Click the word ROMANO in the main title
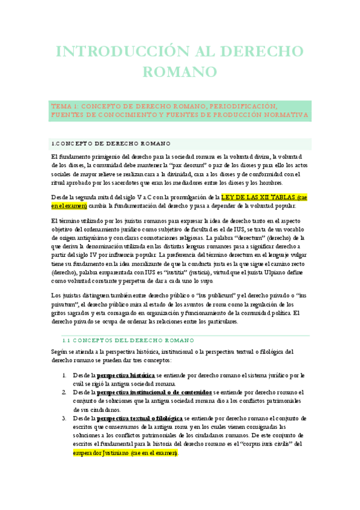point(180,72)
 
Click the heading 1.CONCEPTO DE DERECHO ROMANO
point(111,143)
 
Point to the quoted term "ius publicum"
point(200,296)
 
